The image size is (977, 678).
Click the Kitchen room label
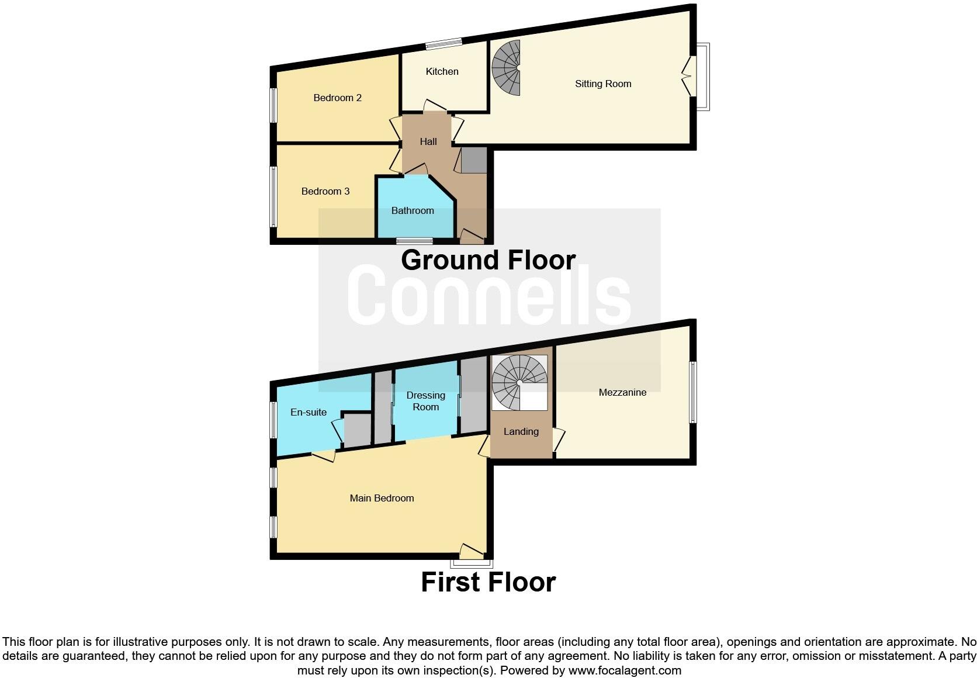coord(442,71)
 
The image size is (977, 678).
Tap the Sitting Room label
coord(603,84)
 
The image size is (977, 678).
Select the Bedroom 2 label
coord(337,98)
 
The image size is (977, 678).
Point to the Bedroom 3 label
coord(325,191)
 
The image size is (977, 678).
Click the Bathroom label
coord(413,210)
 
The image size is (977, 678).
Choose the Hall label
coord(428,141)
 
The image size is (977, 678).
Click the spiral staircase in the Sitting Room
coord(507,68)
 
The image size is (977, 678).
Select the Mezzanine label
coord(622,392)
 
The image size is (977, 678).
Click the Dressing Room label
coord(425,401)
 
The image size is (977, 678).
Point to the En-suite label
coord(309,412)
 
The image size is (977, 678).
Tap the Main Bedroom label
coord(382,498)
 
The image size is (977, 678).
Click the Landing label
coord(521,431)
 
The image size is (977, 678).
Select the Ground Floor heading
coord(488,260)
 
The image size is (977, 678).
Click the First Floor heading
coord(488,582)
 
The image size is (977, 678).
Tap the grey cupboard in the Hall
coord(473,160)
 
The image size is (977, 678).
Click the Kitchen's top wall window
coord(443,41)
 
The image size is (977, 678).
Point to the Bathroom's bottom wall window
coord(414,241)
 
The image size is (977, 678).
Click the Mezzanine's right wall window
coord(693,392)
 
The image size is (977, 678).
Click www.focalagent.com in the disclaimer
coord(625,670)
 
